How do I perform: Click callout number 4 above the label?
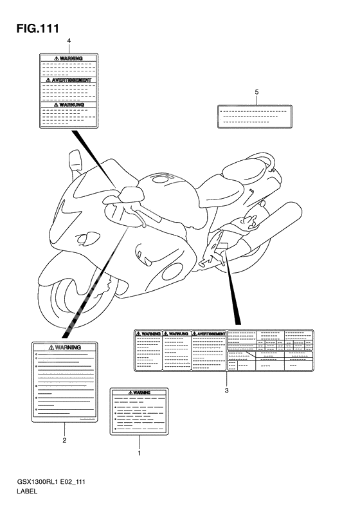tap(69, 41)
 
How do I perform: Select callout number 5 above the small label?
tap(256, 93)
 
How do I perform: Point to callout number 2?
tap(64, 440)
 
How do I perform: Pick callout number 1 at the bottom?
tap(139, 453)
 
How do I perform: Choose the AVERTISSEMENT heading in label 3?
tap(209, 334)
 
